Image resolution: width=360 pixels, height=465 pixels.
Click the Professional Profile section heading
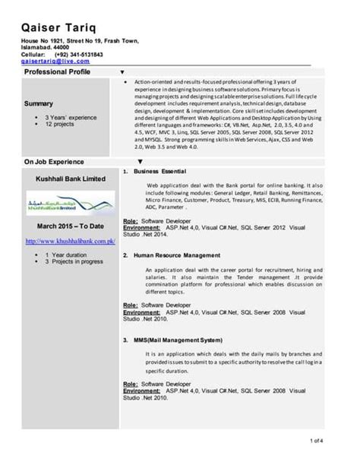pyautogui.click(x=57, y=71)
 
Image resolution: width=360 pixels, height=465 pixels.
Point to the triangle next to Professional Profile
pyautogui.click(x=123, y=71)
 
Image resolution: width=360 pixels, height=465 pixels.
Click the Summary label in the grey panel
pyautogui.click(x=39, y=103)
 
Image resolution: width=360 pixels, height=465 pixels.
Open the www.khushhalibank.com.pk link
pyautogui.click(x=70, y=241)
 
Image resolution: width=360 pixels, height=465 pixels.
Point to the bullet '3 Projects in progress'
pyautogui.click(x=73, y=261)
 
